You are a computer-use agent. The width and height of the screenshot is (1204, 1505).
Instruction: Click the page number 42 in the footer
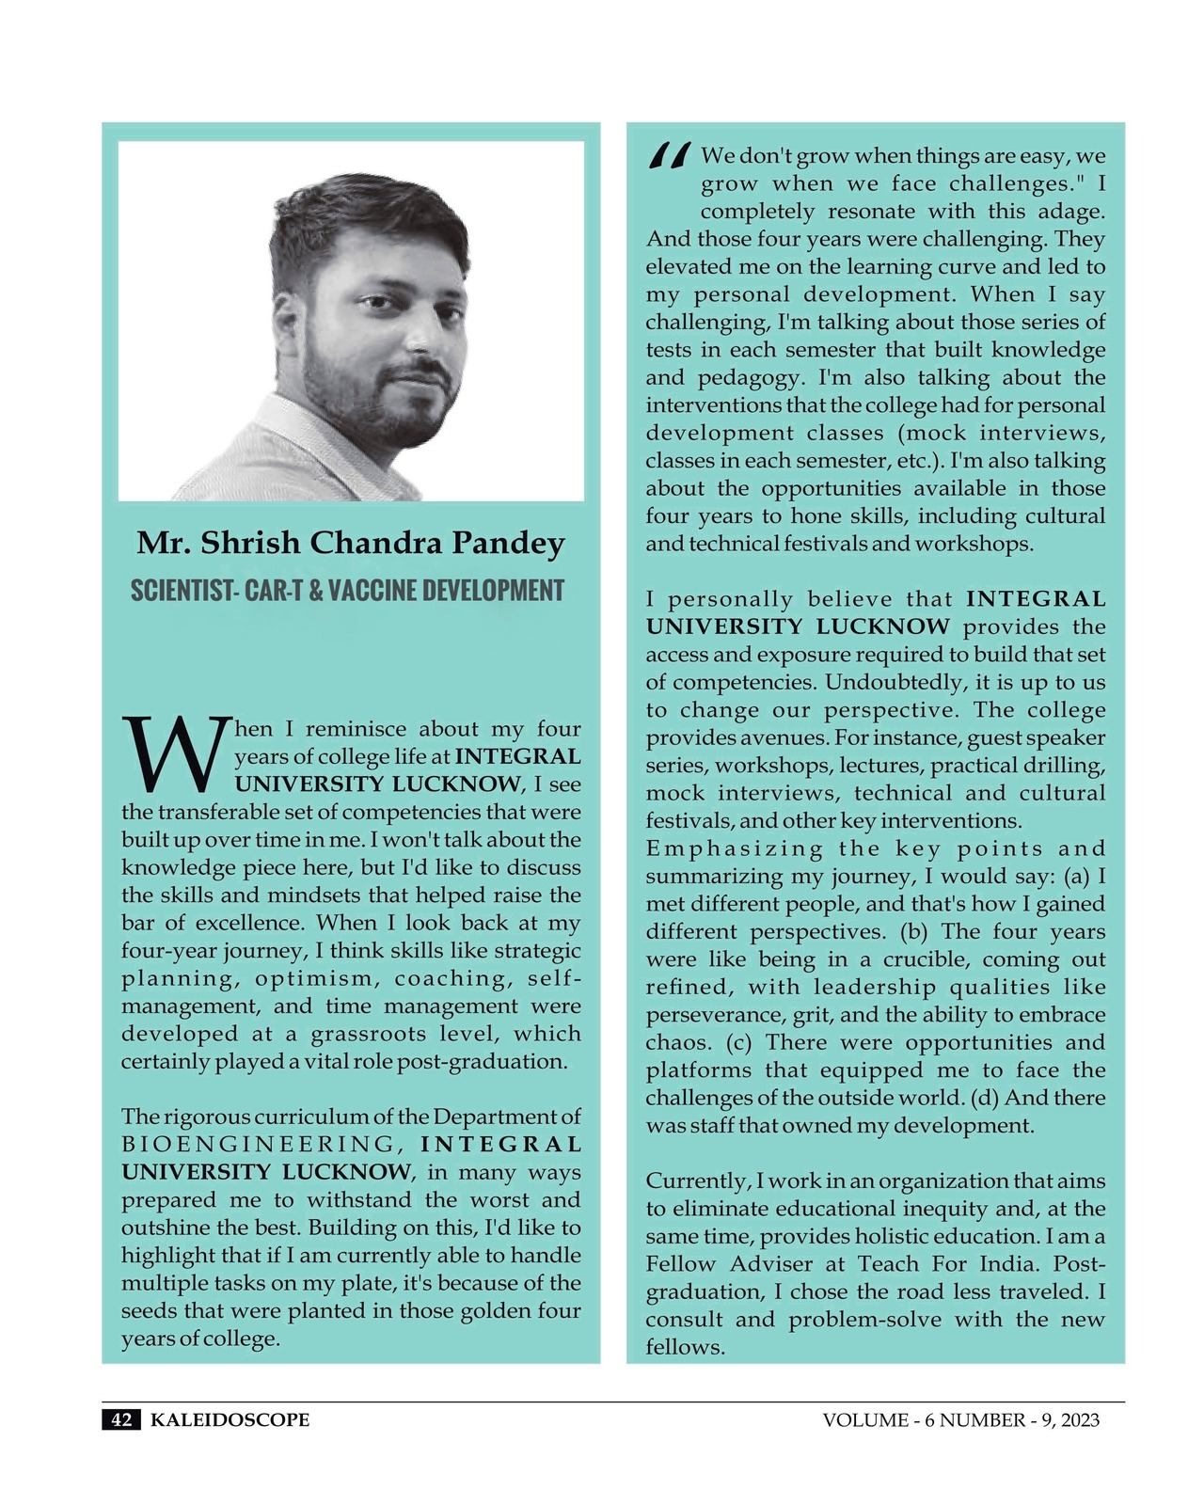tap(121, 1419)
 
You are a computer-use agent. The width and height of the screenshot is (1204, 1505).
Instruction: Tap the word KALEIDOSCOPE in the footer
tap(230, 1419)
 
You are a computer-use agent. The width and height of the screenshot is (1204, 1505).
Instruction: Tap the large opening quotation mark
tap(670, 156)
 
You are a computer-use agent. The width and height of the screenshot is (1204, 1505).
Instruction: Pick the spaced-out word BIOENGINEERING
tap(259, 1145)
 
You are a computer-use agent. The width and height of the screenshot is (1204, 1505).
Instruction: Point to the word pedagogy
tap(750, 378)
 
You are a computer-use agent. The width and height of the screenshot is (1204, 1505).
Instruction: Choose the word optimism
tap(313, 978)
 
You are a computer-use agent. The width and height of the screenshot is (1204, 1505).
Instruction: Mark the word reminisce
tap(356, 729)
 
